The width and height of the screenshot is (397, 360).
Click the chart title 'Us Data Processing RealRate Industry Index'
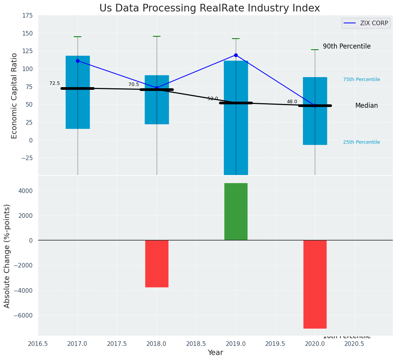tap(209, 8)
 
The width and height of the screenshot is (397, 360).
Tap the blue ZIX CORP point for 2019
tap(236, 55)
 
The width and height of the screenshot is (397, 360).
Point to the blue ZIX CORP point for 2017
tap(78, 61)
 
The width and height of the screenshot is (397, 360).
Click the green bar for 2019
tap(236, 211)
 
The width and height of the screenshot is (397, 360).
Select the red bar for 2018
tap(157, 263)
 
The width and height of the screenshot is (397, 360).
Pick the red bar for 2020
tap(315, 284)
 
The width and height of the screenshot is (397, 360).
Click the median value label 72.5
tap(55, 83)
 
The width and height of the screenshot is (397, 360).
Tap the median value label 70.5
tap(134, 84)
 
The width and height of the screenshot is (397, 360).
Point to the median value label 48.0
tap(292, 102)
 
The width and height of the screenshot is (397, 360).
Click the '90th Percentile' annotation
tap(347, 46)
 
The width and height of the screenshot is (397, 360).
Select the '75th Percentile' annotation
tap(361, 79)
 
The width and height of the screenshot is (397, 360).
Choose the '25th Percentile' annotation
tap(361, 142)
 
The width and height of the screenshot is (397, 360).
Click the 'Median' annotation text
tap(366, 106)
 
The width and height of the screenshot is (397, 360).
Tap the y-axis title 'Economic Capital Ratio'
tap(15, 96)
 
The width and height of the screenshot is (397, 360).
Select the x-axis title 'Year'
tap(216, 353)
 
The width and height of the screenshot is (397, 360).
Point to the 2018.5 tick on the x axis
tap(196, 344)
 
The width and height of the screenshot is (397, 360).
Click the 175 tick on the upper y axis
tap(28, 16)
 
